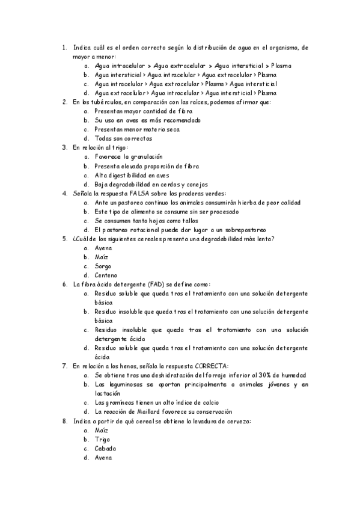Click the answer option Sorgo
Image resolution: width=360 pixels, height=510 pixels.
[103, 266]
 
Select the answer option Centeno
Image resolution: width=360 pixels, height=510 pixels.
[106, 275]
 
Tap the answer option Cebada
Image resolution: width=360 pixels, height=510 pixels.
[105, 449]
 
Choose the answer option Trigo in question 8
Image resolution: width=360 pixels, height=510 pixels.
[103, 440]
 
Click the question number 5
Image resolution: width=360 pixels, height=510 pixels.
[64, 239]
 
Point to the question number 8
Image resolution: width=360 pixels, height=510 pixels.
[64, 422]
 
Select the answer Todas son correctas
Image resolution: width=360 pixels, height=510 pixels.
[123, 138]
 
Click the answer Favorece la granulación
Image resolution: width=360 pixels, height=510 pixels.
[129, 156]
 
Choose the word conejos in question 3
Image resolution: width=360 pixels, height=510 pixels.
[194, 184]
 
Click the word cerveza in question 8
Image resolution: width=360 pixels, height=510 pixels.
[237, 422]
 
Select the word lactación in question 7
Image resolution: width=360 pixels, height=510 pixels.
[108, 393]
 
